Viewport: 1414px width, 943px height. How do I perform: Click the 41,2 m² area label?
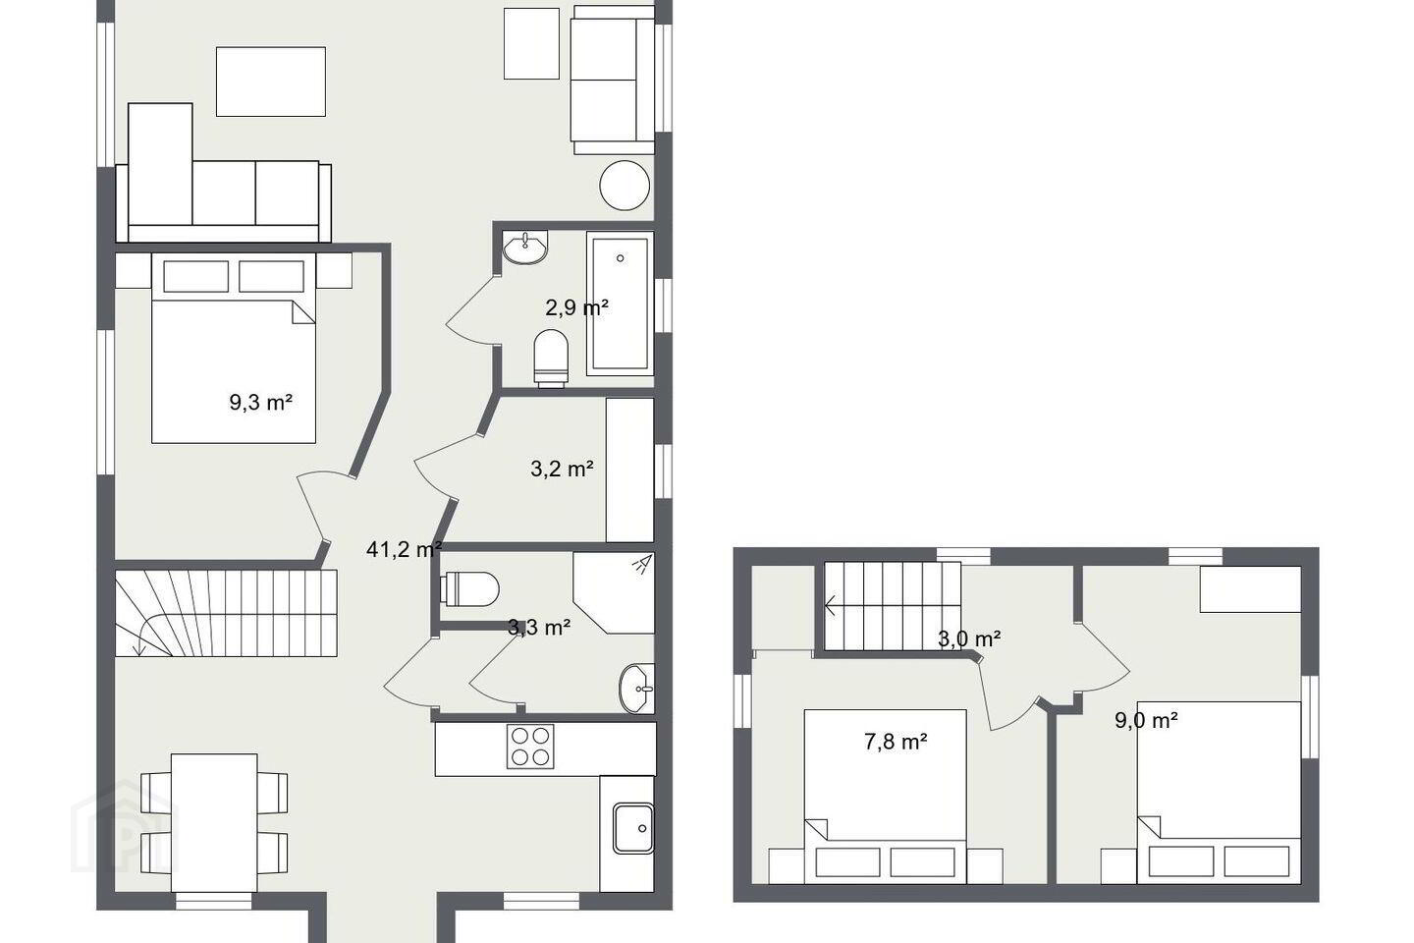[x=404, y=549]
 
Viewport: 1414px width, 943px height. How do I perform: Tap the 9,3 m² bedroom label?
[x=261, y=402]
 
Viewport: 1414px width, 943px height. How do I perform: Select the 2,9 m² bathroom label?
[x=577, y=307]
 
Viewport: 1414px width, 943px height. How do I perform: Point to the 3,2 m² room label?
[x=562, y=469]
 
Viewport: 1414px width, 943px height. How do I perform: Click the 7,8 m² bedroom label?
[x=896, y=741]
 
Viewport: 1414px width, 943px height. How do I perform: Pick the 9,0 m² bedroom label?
[x=1146, y=720]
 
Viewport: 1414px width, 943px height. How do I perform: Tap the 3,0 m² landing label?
[x=969, y=638]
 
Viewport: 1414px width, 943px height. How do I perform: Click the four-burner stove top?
[x=530, y=747]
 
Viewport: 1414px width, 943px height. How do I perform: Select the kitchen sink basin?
[x=633, y=828]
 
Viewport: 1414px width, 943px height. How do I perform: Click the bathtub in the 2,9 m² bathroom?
[x=620, y=303]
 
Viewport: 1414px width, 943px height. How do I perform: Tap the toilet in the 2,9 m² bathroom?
[x=551, y=358]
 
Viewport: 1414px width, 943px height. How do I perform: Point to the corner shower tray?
[x=614, y=593]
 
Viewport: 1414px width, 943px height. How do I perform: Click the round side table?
[x=625, y=185]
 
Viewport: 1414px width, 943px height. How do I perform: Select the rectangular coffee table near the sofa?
[x=271, y=82]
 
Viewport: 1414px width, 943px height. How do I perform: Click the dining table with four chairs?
[x=214, y=822]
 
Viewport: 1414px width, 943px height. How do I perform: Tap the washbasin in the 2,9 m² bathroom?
[x=525, y=248]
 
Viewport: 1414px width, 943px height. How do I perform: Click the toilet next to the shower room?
[x=472, y=588]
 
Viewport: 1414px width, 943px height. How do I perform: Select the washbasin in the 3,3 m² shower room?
[x=637, y=689]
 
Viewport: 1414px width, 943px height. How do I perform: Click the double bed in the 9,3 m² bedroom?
[x=234, y=348]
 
